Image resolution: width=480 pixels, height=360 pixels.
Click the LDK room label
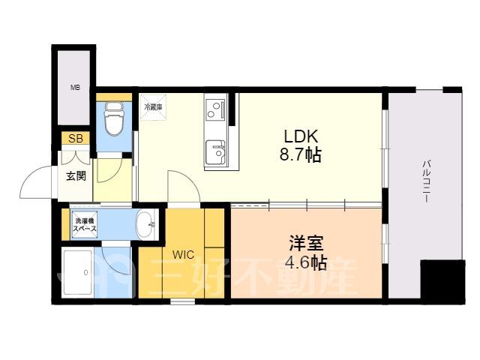(301, 136)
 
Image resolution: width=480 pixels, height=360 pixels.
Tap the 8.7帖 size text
(300, 155)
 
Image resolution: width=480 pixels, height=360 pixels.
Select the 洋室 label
(306, 244)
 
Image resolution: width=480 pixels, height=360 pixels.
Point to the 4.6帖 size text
(306, 262)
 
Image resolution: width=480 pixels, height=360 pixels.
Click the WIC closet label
(183, 254)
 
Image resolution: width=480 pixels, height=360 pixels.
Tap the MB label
(75, 88)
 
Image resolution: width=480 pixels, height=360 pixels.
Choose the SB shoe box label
(76, 139)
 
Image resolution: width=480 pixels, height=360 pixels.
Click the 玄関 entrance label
(76, 176)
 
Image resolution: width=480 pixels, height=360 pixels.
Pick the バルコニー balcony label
(426, 181)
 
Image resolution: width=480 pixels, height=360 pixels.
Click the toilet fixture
(115, 118)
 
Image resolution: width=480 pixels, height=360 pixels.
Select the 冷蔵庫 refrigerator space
(153, 107)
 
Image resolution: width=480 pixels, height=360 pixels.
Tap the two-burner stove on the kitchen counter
(215, 109)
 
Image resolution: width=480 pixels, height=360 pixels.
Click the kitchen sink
(215, 152)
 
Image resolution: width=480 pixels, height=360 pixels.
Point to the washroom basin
(145, 224)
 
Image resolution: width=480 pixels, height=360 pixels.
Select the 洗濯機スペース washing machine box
(85, 224)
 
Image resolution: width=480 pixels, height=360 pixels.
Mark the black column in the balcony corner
(442, 282)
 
